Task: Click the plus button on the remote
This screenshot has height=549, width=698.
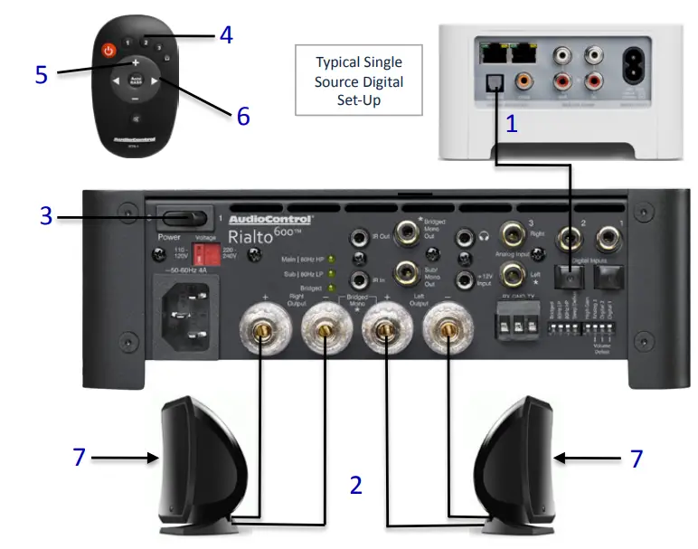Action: pos(135,63)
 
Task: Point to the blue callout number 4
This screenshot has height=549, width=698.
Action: pos(226,35)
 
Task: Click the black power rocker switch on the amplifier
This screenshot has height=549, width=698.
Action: pos(181,218)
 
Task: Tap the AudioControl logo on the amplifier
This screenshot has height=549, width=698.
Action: pos(270,219)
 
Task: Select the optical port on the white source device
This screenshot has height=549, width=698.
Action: pos(495,81)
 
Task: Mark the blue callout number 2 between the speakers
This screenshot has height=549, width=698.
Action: pos(356,486)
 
